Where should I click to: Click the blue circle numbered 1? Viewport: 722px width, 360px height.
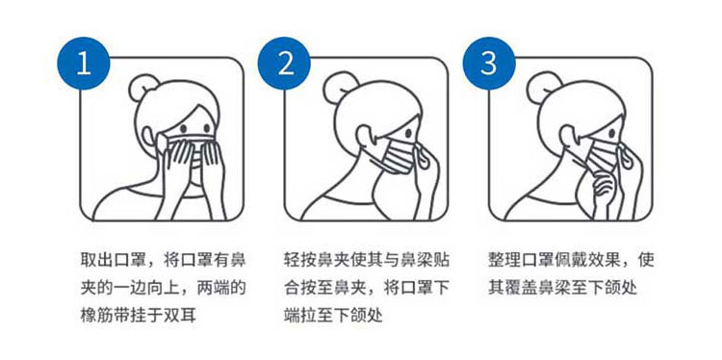pos(84,64)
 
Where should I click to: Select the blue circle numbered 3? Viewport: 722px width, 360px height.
pos(488,64)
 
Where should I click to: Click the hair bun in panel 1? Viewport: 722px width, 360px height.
pos(142,88)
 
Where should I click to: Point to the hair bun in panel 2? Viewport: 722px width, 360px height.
pos(337,87)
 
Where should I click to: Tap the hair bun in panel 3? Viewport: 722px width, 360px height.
pos(542,87)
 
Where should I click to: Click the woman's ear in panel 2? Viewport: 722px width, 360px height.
pos(364,136)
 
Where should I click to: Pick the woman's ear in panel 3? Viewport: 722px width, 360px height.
pos(569,136)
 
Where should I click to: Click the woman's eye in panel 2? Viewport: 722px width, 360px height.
pos(408,133)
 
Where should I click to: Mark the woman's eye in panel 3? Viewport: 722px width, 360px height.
pos(612,133)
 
